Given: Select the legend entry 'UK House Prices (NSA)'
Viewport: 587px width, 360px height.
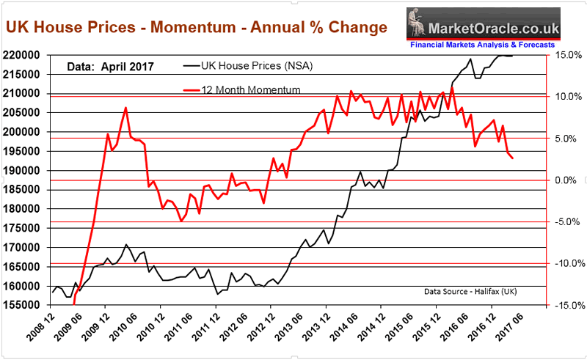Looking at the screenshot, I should click(249, 67).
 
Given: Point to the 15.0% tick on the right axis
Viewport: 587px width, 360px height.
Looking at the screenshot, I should click(566, 56).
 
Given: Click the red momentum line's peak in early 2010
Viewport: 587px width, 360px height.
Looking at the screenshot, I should click(125, 108).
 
